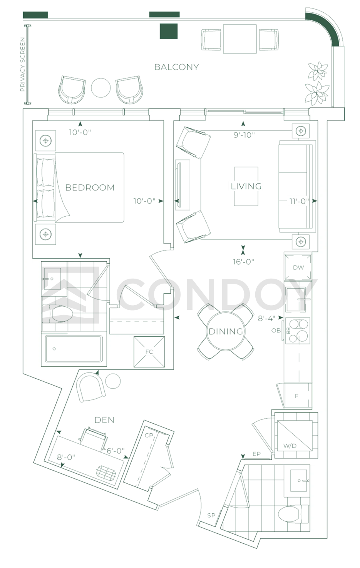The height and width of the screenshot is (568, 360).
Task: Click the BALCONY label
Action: click(x=176, y=67)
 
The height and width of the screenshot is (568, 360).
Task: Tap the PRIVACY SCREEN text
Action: click(x=23, y=64)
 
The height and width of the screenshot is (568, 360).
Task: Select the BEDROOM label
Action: click(x=90, y=187)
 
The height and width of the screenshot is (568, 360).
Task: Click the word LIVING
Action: click(x=246, y=186)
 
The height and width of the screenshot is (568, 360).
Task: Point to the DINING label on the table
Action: click(x=226, y=331)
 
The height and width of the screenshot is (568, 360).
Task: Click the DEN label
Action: click(x=104, y=420)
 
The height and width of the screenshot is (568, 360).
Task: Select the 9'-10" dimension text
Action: click(x=244, y=135)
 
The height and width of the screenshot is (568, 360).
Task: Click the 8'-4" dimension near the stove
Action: click(x=266, y=318)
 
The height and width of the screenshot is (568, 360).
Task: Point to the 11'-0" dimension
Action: click(x=299, y=201)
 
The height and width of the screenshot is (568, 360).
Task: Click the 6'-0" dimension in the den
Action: click(x=116, y=451)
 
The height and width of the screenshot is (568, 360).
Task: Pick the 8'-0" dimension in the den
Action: click(x=66, y=457)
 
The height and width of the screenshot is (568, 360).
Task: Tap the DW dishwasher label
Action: click(x=298, y=267)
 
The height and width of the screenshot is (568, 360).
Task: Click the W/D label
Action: click(x=290, y=446)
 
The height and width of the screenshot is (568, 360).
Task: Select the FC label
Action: click(x=149, y=352)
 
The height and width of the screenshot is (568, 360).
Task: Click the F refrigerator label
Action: click(x=296, y=396)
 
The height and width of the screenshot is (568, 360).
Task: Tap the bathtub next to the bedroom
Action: click(x=74, y=349)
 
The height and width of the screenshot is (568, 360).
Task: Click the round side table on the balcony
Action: click(x=101, y=88)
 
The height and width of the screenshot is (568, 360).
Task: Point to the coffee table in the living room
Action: click(x=246, y=186)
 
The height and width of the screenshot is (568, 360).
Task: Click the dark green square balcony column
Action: click(x=169, y=31)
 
